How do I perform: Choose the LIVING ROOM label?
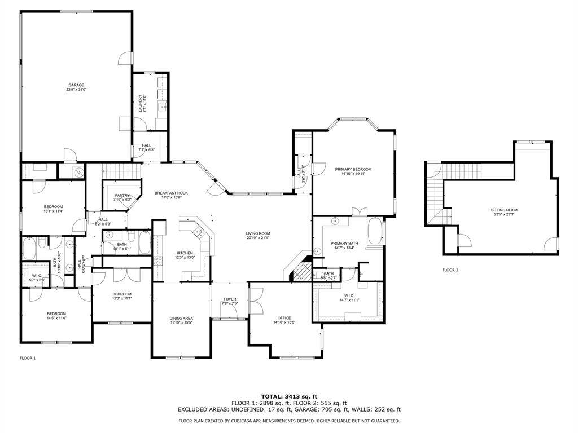tap(257, 235)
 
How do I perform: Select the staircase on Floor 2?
tap(435, 197)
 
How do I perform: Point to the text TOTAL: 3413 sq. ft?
tap(289, 396)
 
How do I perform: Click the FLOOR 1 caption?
tap(28, 358)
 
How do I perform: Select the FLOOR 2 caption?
tap(450, 270)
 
